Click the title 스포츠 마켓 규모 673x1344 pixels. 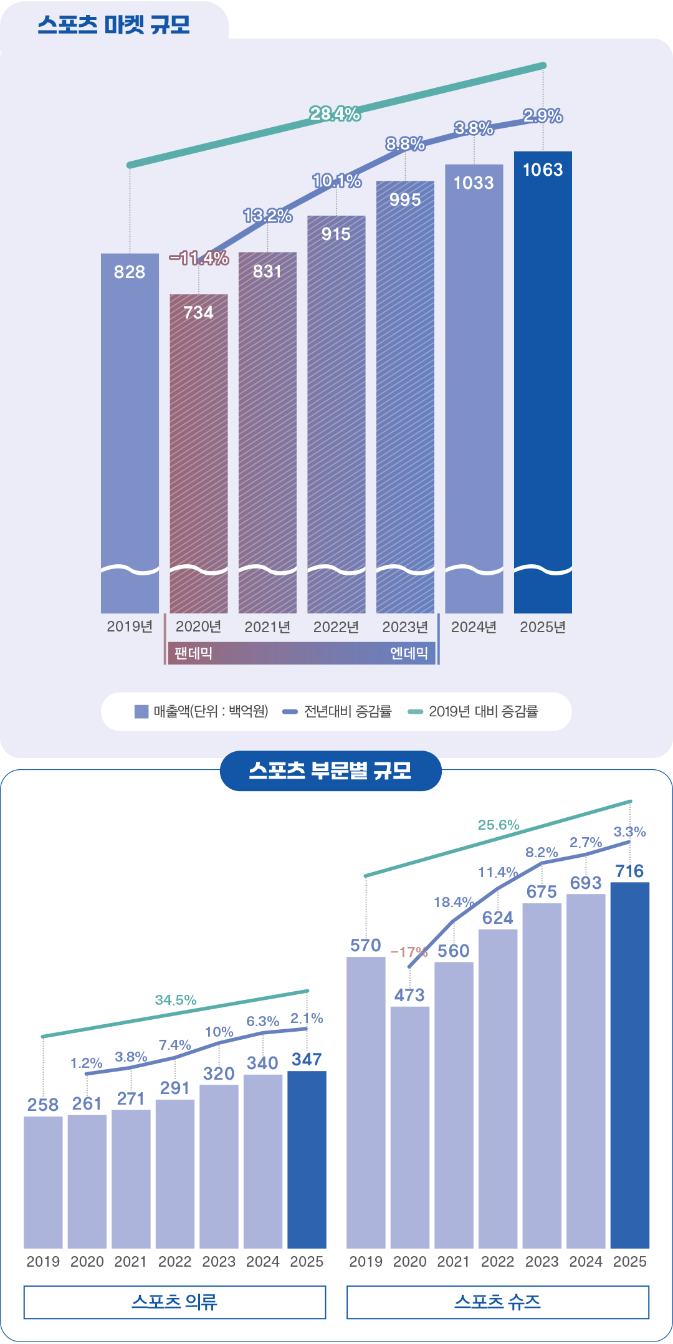click(x=113, y=25)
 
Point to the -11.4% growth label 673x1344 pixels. click(x=199, y=258)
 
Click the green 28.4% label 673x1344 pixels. click(x=335, y=113)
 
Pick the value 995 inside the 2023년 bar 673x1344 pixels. click(x=405, y=200)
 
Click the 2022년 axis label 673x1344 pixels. click(x=336, y=627)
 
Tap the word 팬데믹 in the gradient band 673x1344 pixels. click(x=194, y=653)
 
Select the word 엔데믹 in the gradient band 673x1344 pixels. click(x=409, y=653)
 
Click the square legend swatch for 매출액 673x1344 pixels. click(x=141, y=711)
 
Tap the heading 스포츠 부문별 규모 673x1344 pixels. click(x=330, y=771)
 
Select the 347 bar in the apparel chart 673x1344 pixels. click(x=307, y=1159)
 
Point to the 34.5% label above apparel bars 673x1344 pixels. click(x=176, y=1000)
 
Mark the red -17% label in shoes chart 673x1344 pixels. click(x=408, y=952)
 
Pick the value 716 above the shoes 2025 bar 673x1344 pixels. click(x=629, y=871)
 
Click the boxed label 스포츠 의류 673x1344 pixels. click(x=174, y=1302)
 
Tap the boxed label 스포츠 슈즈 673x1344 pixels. click(x=497, y=1302)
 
